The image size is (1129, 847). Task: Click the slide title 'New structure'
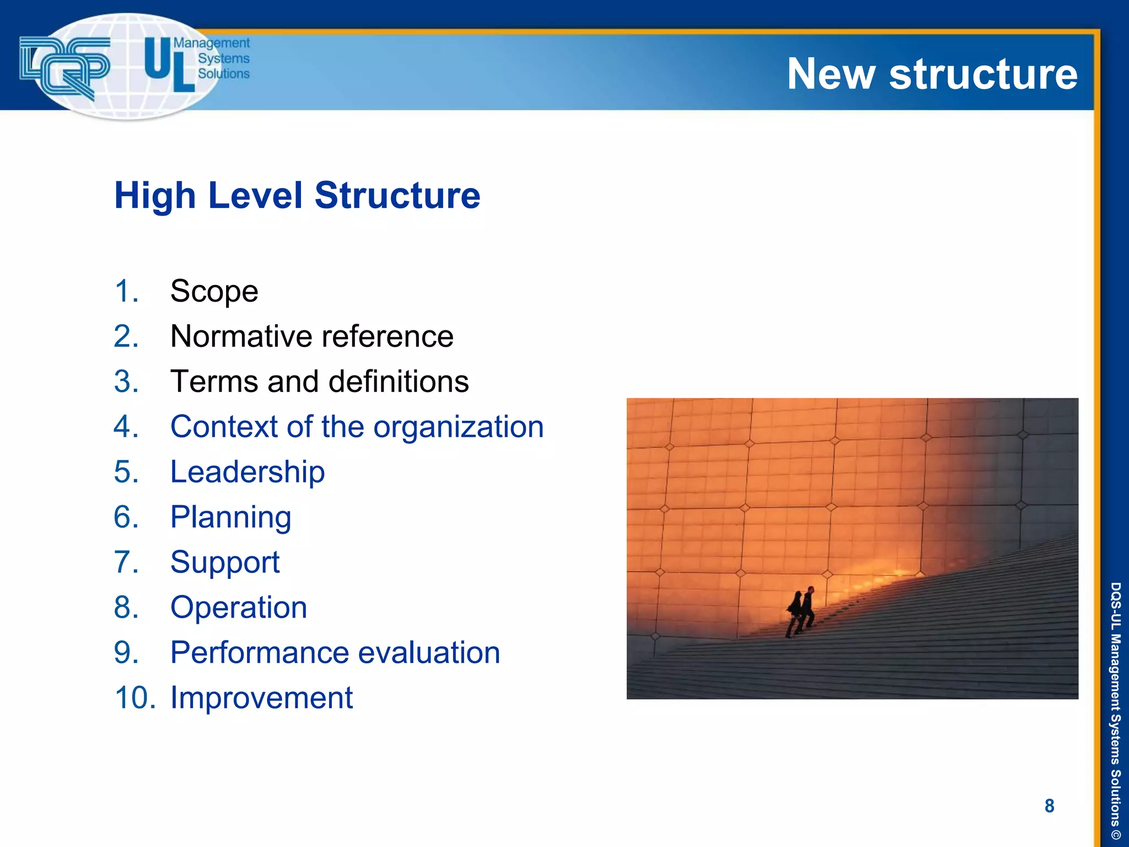click(x=932, y=74)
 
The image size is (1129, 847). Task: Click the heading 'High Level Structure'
click(x=297, y=195)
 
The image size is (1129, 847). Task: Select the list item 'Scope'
click(x=214, y=291)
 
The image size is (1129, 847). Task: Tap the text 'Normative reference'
click(x=311, y=336)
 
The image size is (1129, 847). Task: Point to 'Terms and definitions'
click(x=319, y=381)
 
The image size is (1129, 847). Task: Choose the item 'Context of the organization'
click(x=357, y=426)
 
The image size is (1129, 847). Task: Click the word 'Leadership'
click(x=248, y=471)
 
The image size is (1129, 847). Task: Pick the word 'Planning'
click(x=230, y=517)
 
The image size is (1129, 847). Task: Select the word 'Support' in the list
click(x=225, y=562)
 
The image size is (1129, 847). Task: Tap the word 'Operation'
click(x=238, y=607)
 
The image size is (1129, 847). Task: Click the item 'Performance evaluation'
click(x=335, y=652)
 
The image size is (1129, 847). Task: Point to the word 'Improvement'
click(x=261, y=698)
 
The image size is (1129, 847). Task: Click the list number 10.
click(x=135, y=698)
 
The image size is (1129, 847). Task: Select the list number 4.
click(x=126, y=426)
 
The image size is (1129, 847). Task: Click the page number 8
click(x=1049, y=806)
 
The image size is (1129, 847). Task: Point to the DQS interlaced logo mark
click(x=64, y=66)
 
